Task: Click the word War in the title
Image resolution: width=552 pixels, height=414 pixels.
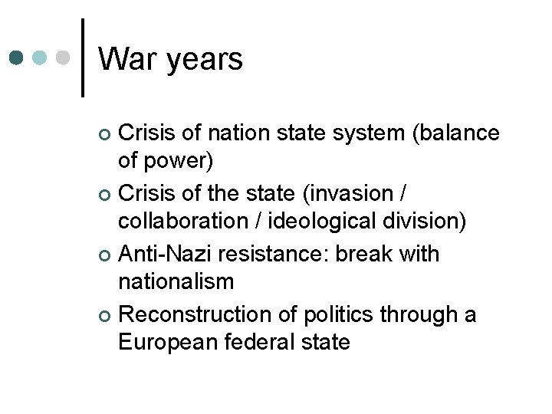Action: (126, 60)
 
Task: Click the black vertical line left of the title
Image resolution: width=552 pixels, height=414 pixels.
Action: (82, 58)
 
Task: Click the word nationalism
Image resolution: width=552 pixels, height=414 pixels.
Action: (176, 282)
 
